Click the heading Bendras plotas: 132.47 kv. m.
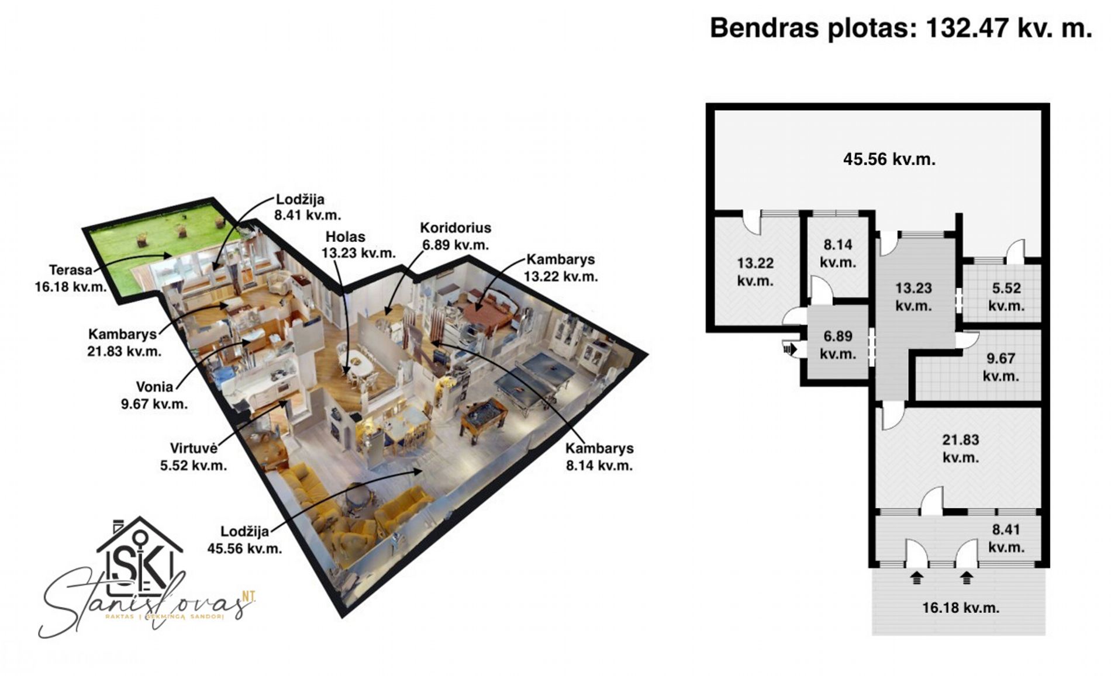900,28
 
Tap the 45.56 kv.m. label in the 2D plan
889,159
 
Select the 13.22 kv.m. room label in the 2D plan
755,272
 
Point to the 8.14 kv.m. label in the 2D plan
837,253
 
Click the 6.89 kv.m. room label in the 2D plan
837,345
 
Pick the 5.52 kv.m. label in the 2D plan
1006,297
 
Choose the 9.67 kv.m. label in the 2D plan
1000,367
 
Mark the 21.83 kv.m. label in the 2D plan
960,448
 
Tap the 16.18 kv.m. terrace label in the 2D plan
960,608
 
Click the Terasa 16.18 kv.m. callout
70,278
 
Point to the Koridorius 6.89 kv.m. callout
456,236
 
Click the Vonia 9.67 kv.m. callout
154,395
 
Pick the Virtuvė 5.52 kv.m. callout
194,457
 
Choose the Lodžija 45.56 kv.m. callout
244,540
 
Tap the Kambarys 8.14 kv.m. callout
599,457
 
